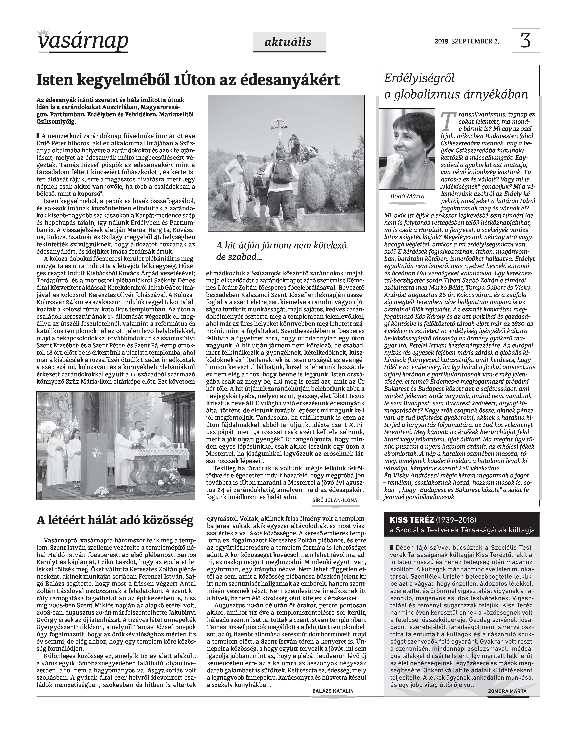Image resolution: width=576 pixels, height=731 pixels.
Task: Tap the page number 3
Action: (x=525, y=40)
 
